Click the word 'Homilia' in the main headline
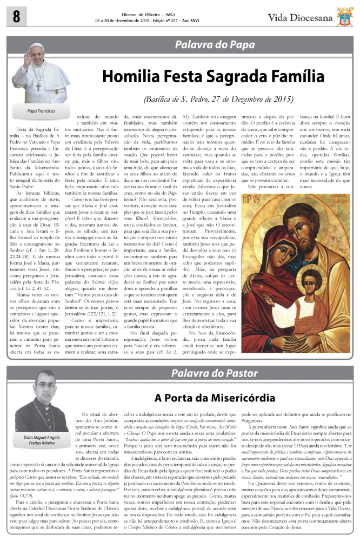132,78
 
